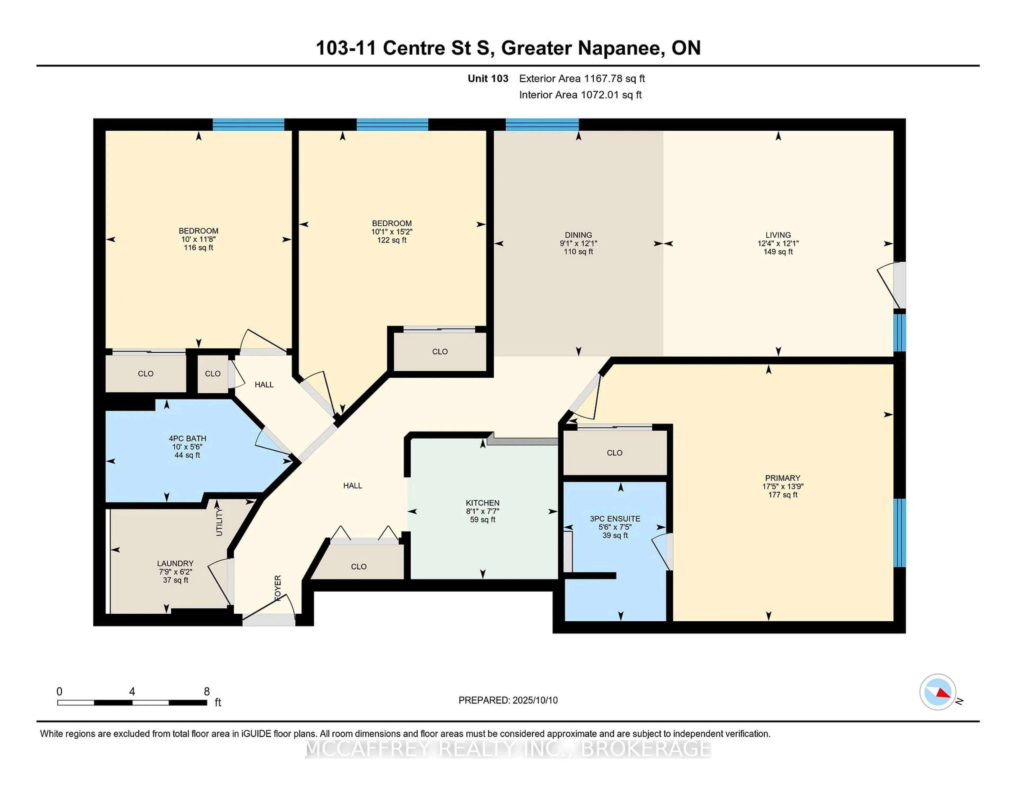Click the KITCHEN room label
click(x=482, y=503)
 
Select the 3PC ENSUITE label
click(x=615, y=518)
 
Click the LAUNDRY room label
click(x=175, y=563)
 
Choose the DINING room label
click(x=578, y=235)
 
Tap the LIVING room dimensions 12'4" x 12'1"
click(x=778, y=243)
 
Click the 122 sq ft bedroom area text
click(x=392, y=240)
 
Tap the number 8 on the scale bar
click(x=207, y=692)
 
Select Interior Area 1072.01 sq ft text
click(x=580, y=95)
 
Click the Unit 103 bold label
click(x=488, y=79)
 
